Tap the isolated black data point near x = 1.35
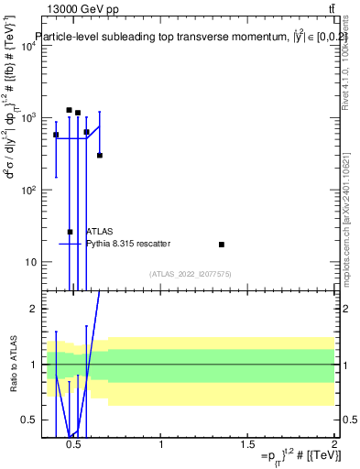click(x=222, y=245)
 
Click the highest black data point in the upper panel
click(x=69, y=110)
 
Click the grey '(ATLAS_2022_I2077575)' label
click(x=191, y=273)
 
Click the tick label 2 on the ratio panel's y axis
click(x=31, y=309)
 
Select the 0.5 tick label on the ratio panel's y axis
click(x=28, y=420)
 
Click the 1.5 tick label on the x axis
click(x=248, y=445)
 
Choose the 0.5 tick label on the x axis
click(x=75, y=445)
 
